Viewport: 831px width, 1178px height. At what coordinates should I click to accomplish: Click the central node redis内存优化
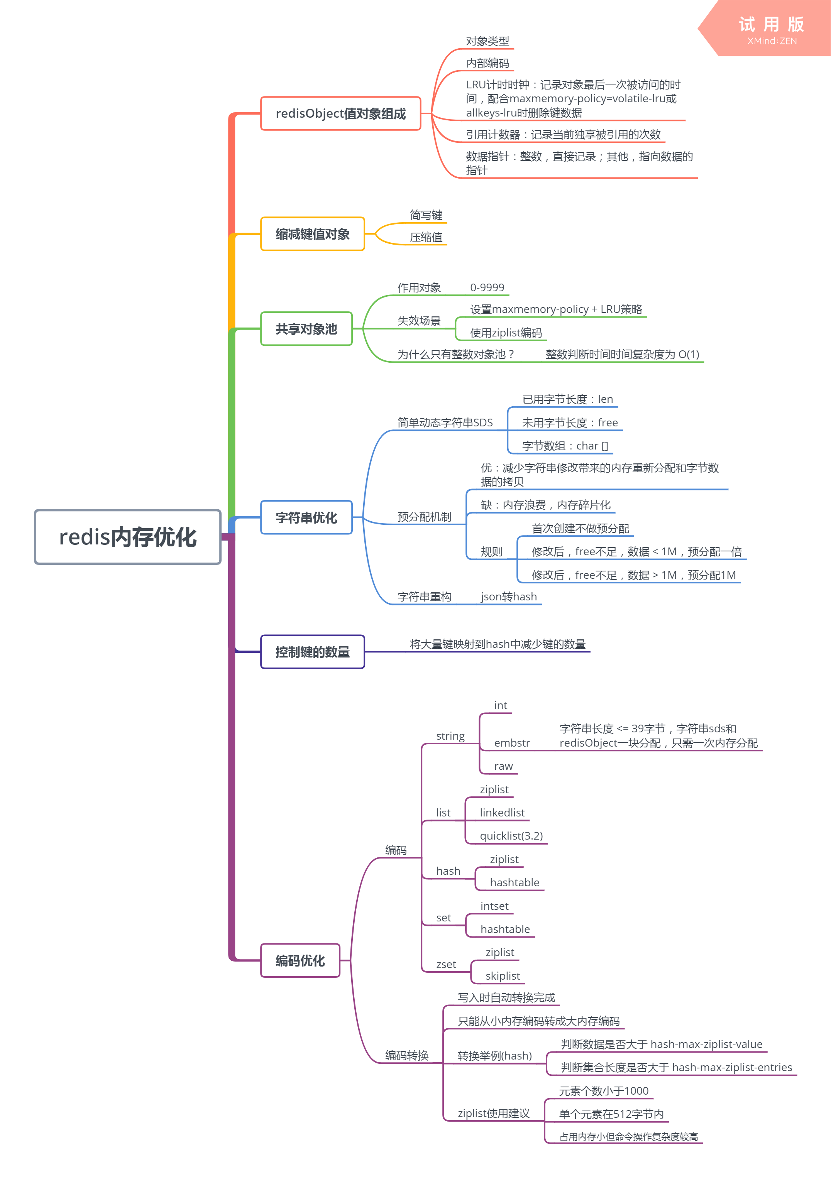(127, 537)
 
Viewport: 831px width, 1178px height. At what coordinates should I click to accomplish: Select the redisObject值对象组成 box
(340, 113)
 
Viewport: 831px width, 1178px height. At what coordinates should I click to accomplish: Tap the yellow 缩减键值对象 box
(312, 234)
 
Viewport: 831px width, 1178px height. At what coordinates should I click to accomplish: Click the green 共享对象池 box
(306, 329)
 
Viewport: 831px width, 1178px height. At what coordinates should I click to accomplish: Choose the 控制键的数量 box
(312, 652)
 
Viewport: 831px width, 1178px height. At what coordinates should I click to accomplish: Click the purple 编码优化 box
(300, 960)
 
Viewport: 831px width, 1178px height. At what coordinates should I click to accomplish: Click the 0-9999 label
(487, 288)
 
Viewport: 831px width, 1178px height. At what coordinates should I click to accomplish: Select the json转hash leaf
(509, 597)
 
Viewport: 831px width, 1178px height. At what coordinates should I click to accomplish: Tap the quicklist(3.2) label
(511, 836)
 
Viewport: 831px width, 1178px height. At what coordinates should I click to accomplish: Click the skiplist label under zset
(503, 976)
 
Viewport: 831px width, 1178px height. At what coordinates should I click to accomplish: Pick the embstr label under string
(512, 743)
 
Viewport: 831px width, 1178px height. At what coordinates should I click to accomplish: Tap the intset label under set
(494, 906)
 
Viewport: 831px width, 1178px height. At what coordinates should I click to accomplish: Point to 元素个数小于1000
(604, 1091)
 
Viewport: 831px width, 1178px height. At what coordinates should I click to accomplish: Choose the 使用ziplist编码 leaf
(506, 333)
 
